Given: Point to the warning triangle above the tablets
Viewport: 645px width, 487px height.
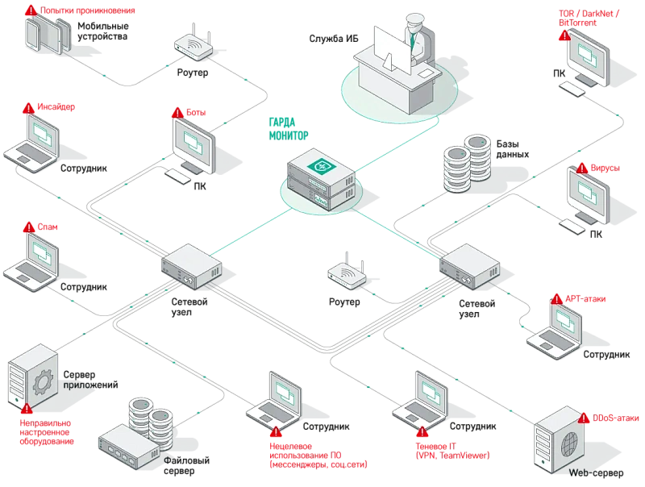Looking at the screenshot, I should point(31,10).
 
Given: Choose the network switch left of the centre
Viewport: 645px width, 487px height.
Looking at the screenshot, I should point(191,265).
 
